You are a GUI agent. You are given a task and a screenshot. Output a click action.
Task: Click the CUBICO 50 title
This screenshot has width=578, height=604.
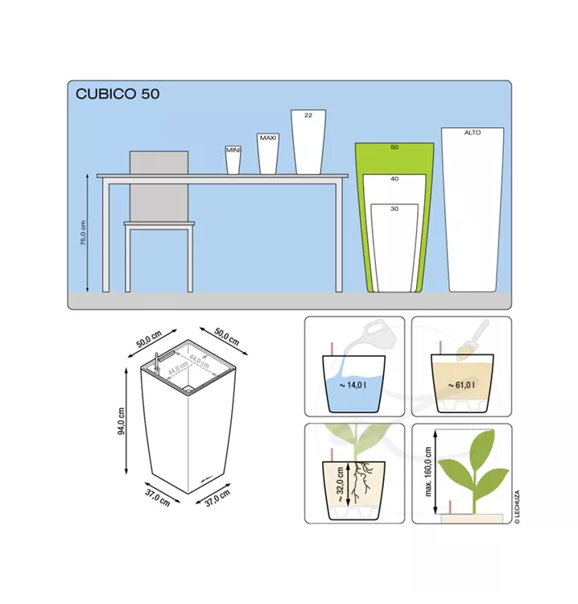pyautogui.click(x=118, y=94)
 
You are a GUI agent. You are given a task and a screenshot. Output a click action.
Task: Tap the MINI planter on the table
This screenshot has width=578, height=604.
pyautogui.click(x=233, y=160)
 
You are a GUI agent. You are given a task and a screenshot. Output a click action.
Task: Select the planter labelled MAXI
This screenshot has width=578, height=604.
pyautogui.click(x=267, y=154)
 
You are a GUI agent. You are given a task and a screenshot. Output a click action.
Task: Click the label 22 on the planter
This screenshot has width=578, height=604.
pyautogui.click(x=308, y=115)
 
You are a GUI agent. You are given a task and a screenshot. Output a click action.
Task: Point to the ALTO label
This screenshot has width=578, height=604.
pyautogui.click(x=472, y=133)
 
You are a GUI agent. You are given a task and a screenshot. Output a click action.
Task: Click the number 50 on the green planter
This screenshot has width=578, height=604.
pyautogui.click(x=394, y=147)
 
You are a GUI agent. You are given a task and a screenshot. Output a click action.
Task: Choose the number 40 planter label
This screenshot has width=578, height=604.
pyautogui.click(x=394, y=179)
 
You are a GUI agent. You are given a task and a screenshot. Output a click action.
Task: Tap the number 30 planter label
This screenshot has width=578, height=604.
pyautogui.click(x=394, y=209)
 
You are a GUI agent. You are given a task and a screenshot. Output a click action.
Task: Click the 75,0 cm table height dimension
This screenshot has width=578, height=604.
pyautogui.click(x=84, y=233)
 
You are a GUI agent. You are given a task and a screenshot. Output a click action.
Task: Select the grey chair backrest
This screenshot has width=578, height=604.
pyautogui.click(x=159, y=187)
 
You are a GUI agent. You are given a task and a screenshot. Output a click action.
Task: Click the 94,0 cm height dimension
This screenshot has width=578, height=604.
pyautogui.click(x=121, y=420)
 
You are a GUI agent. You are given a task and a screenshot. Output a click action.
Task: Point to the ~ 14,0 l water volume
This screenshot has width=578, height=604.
pyautogui.click(x=353, y=385)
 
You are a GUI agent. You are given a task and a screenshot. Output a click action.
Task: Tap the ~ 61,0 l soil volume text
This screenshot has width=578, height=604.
pyautogui.click(x=461, y=384)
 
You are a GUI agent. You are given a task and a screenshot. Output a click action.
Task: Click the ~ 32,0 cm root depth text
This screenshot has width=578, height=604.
pyautogui.click(x=340, y=484)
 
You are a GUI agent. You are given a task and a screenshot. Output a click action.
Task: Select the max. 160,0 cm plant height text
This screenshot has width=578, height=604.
pyautogui.click(x=428, y=471)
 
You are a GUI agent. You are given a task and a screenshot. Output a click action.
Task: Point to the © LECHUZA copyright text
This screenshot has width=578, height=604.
pyautogui.click(x=517, y=507)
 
